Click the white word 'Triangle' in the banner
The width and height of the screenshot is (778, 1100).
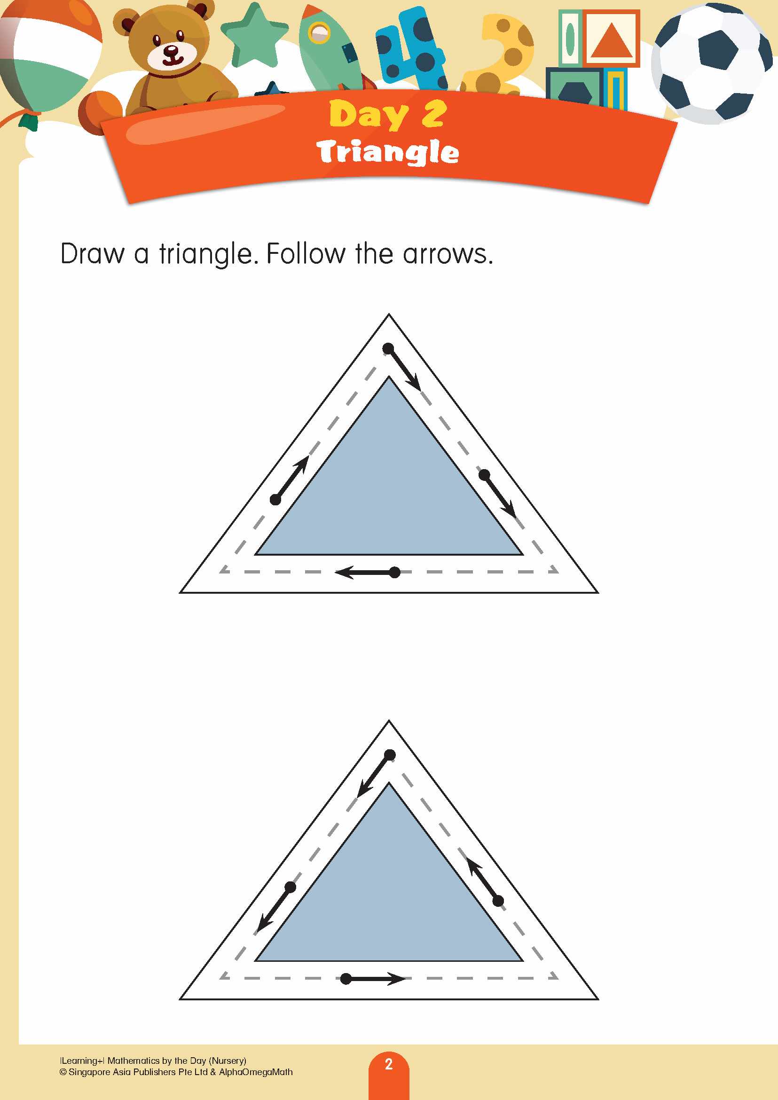(387, 152)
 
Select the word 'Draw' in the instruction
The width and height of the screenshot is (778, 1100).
(93, 254)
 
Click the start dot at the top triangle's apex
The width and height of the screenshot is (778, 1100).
(388, 348)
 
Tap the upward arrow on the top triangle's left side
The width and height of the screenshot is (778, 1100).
(291, 479)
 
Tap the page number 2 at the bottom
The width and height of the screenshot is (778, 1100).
(388, 1064)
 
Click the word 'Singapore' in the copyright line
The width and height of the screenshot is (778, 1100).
(89, 1072)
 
